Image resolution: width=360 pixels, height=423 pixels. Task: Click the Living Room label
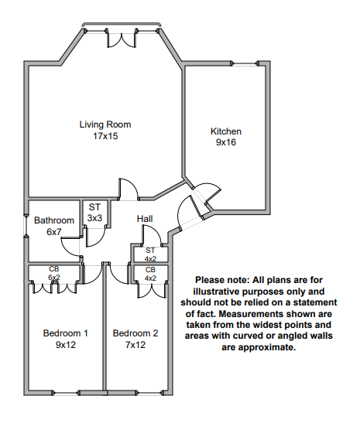click(x=105, y=125)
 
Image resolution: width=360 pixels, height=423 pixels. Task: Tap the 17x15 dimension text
click(x=105, y=136)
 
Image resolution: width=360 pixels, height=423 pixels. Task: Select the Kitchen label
click(x=226, y=131)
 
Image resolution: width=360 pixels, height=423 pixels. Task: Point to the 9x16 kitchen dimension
click(x=226, y=142)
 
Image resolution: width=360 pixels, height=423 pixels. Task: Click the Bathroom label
click(x=54, y=220)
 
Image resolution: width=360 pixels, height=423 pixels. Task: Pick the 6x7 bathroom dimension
click(x=54, y=232)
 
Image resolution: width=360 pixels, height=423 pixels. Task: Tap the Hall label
click(x=145, y=219)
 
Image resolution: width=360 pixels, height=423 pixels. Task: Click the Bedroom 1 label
click(x=65, y=333)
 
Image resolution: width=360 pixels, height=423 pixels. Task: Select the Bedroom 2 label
click(x=135, y=333)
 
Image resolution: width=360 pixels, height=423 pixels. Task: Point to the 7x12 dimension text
click(x=135, y=345)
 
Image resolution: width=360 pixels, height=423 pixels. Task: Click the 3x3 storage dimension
click(x=94, y=218)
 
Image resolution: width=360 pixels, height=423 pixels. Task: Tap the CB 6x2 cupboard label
click(x=54, y=273)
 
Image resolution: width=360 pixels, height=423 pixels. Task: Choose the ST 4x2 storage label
click(x=150, y=254)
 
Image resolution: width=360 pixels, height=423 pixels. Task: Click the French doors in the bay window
click(x=122, y=40)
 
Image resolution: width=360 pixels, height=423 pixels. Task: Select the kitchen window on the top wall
click(x=245, y=63)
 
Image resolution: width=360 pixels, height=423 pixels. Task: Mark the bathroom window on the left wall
click(x=26, y=226)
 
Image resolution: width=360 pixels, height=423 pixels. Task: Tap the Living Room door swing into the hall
click(x=129, y=189)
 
